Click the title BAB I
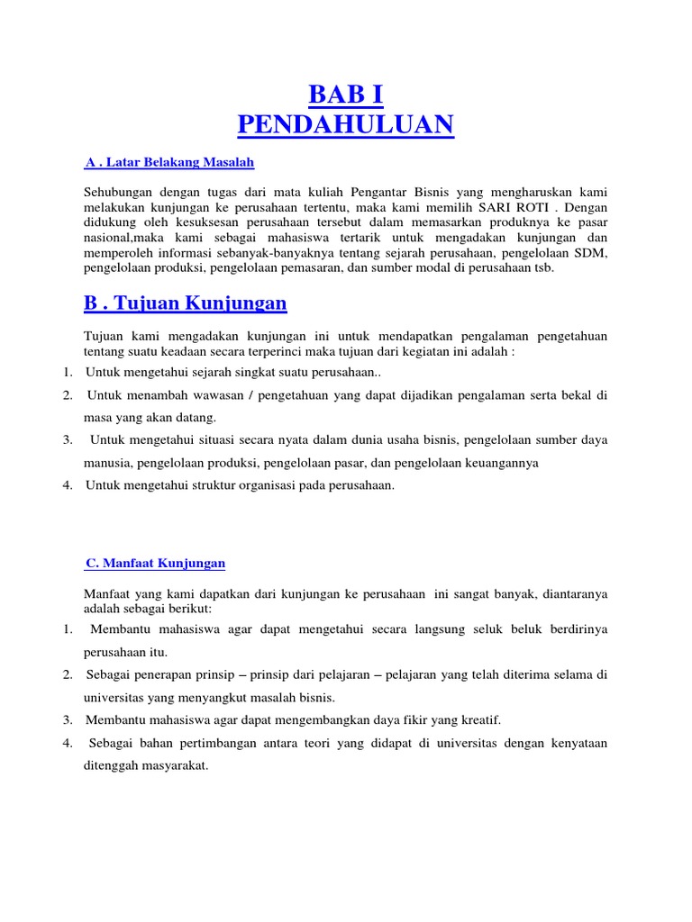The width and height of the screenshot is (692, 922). coord(346,95)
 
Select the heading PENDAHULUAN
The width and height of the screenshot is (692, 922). coord(346,124)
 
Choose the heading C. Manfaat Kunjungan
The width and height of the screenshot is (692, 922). coord(155,563)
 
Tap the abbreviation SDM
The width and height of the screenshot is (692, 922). coord(591,253)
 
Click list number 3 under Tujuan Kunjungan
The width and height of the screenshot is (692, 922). coord(68,440)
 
